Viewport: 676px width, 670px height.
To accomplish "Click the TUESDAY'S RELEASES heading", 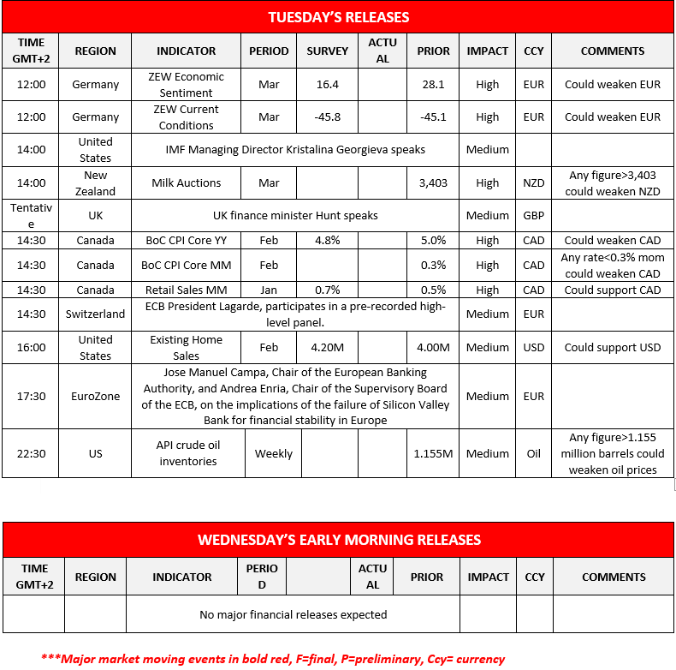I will pyautogui.click(x=338, y=17).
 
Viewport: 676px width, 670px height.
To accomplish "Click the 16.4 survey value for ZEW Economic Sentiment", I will pyautogui.click(x=328, y=84).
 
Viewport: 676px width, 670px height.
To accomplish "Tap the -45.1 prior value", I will pyautogui.click(x=433, y=117).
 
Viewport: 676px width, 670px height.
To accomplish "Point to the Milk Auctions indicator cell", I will pyautogui.click(x=187, y=182).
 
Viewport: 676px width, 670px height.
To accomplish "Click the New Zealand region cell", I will pyautogui.click(x=95, y=182).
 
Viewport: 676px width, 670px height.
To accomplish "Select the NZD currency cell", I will pyautogui.click(x=533, y=182).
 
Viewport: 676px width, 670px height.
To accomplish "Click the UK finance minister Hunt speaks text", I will pyautogui.click(x=295, y=215).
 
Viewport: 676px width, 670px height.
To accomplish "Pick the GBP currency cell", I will pyautogui.click(x=533, y=215).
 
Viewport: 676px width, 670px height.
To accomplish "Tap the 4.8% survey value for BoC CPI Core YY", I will pyautogui.click(x=328, y=240).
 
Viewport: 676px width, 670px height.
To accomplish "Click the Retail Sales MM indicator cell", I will pyautogui.click(x=187, y=290).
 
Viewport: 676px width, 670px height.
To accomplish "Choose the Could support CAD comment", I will pyautogui.click(x=613, y=290).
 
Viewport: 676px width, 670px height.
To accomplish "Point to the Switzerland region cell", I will pyautogui.click(x=95, y=314).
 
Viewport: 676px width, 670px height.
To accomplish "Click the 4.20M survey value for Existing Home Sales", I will pyautogui.click(x=328, y=347).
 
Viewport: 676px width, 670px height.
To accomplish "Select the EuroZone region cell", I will pyautogui.click(x=95, y=396).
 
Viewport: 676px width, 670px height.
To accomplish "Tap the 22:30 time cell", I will pyautogui.click(x=32, y=453).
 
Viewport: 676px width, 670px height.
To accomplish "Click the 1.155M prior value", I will pyautogui.click(x=433, y=453).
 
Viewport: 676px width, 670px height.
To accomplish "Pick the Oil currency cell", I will pyautogui.click(x=533, y=453).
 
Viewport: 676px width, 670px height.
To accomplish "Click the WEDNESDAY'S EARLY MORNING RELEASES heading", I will pyautogui.click(x=339, y=540).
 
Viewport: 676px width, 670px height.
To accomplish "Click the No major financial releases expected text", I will pyautogui.click(x=293, y=614).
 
